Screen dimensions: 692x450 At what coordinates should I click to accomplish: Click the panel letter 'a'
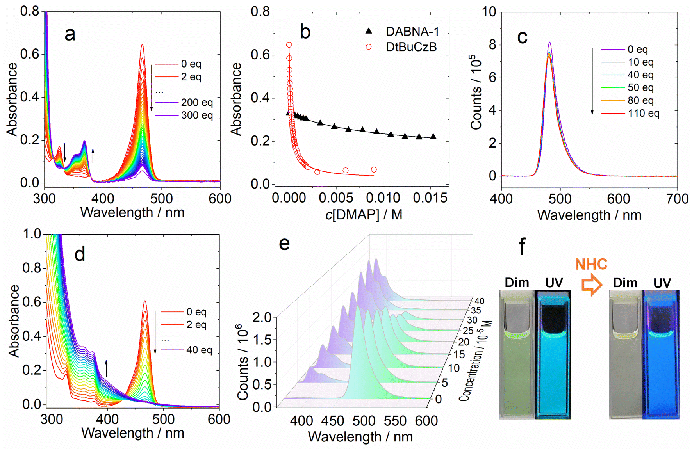click(70, 34)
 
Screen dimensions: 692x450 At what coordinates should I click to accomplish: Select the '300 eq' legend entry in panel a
click(184, 115)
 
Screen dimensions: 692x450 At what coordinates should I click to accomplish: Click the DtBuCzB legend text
click(411, 47)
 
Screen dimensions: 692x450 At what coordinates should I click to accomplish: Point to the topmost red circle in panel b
click(289, 45)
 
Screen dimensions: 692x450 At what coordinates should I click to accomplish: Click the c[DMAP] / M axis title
click(364, 214)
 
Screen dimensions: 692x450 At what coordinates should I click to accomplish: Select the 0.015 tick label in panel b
click(430, 198)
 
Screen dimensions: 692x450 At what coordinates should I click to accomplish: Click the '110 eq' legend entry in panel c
click(630, 113)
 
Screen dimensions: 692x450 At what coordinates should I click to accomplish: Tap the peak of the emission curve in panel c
click(549, 42)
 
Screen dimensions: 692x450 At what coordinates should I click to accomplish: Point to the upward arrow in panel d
click(106, 368)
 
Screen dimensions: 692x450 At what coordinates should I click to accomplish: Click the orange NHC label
click(591, 264)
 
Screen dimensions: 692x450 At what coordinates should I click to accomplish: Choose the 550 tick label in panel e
click(395, 421)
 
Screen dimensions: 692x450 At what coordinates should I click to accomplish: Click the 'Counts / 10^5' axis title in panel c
click(476, 92)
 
